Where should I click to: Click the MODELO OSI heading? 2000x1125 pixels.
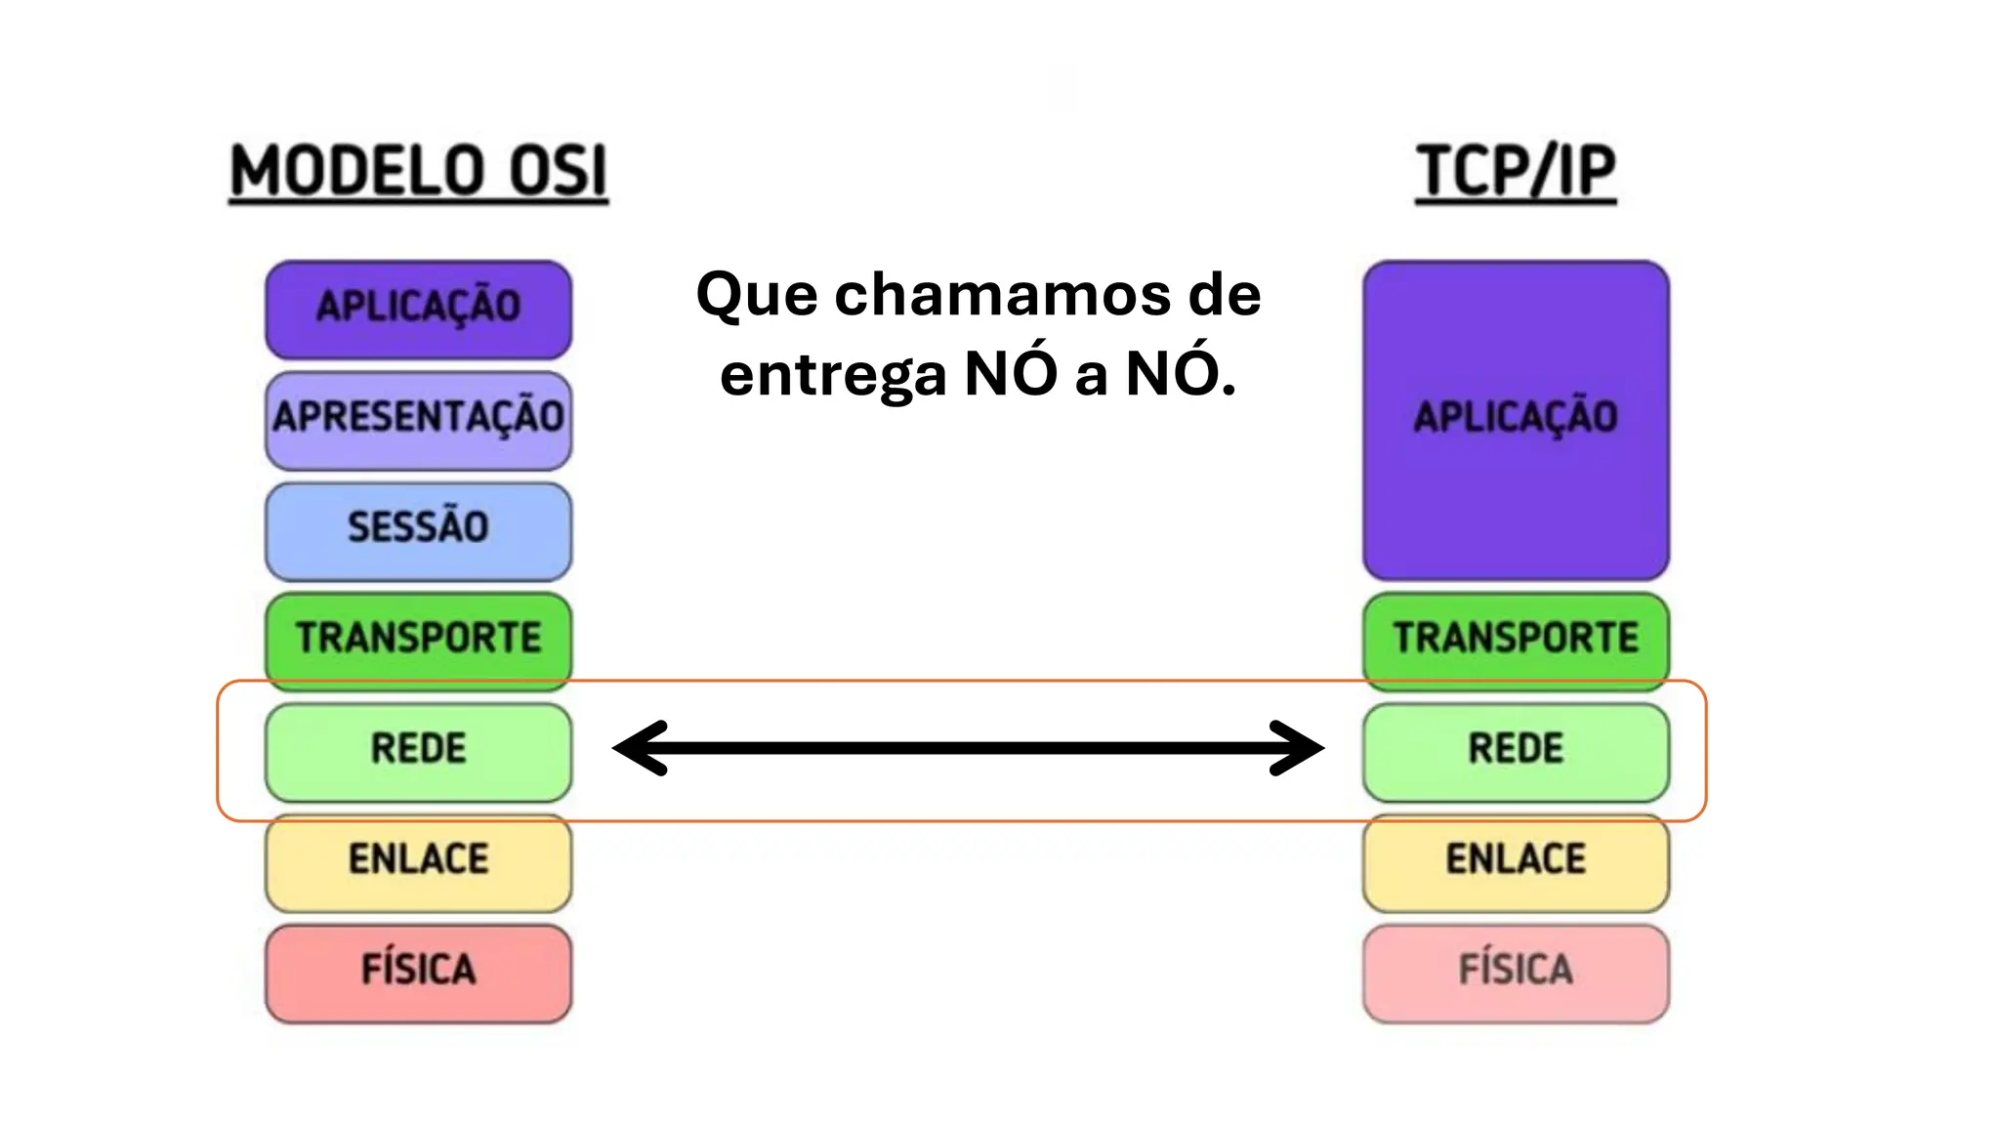point(418,172)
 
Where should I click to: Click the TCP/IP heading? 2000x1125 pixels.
point(1516,172)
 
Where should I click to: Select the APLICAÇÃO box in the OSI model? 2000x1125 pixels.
point(418,308)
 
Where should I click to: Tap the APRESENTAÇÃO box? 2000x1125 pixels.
point(418,418)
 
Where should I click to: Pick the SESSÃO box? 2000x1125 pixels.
point(418,528)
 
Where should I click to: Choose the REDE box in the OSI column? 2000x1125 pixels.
point(418,750)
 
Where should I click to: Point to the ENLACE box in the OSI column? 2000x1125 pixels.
point(418,860)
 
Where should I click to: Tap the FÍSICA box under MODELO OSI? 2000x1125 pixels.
point(418,972)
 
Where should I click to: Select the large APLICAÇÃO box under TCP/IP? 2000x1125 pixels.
point(1516,419)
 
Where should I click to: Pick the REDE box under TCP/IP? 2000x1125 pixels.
point(1516,750)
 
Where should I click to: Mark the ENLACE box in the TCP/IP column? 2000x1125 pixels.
point(1516,860)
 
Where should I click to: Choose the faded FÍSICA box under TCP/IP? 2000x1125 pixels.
point(1516,972)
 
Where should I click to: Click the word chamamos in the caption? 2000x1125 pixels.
point(1002,294)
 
